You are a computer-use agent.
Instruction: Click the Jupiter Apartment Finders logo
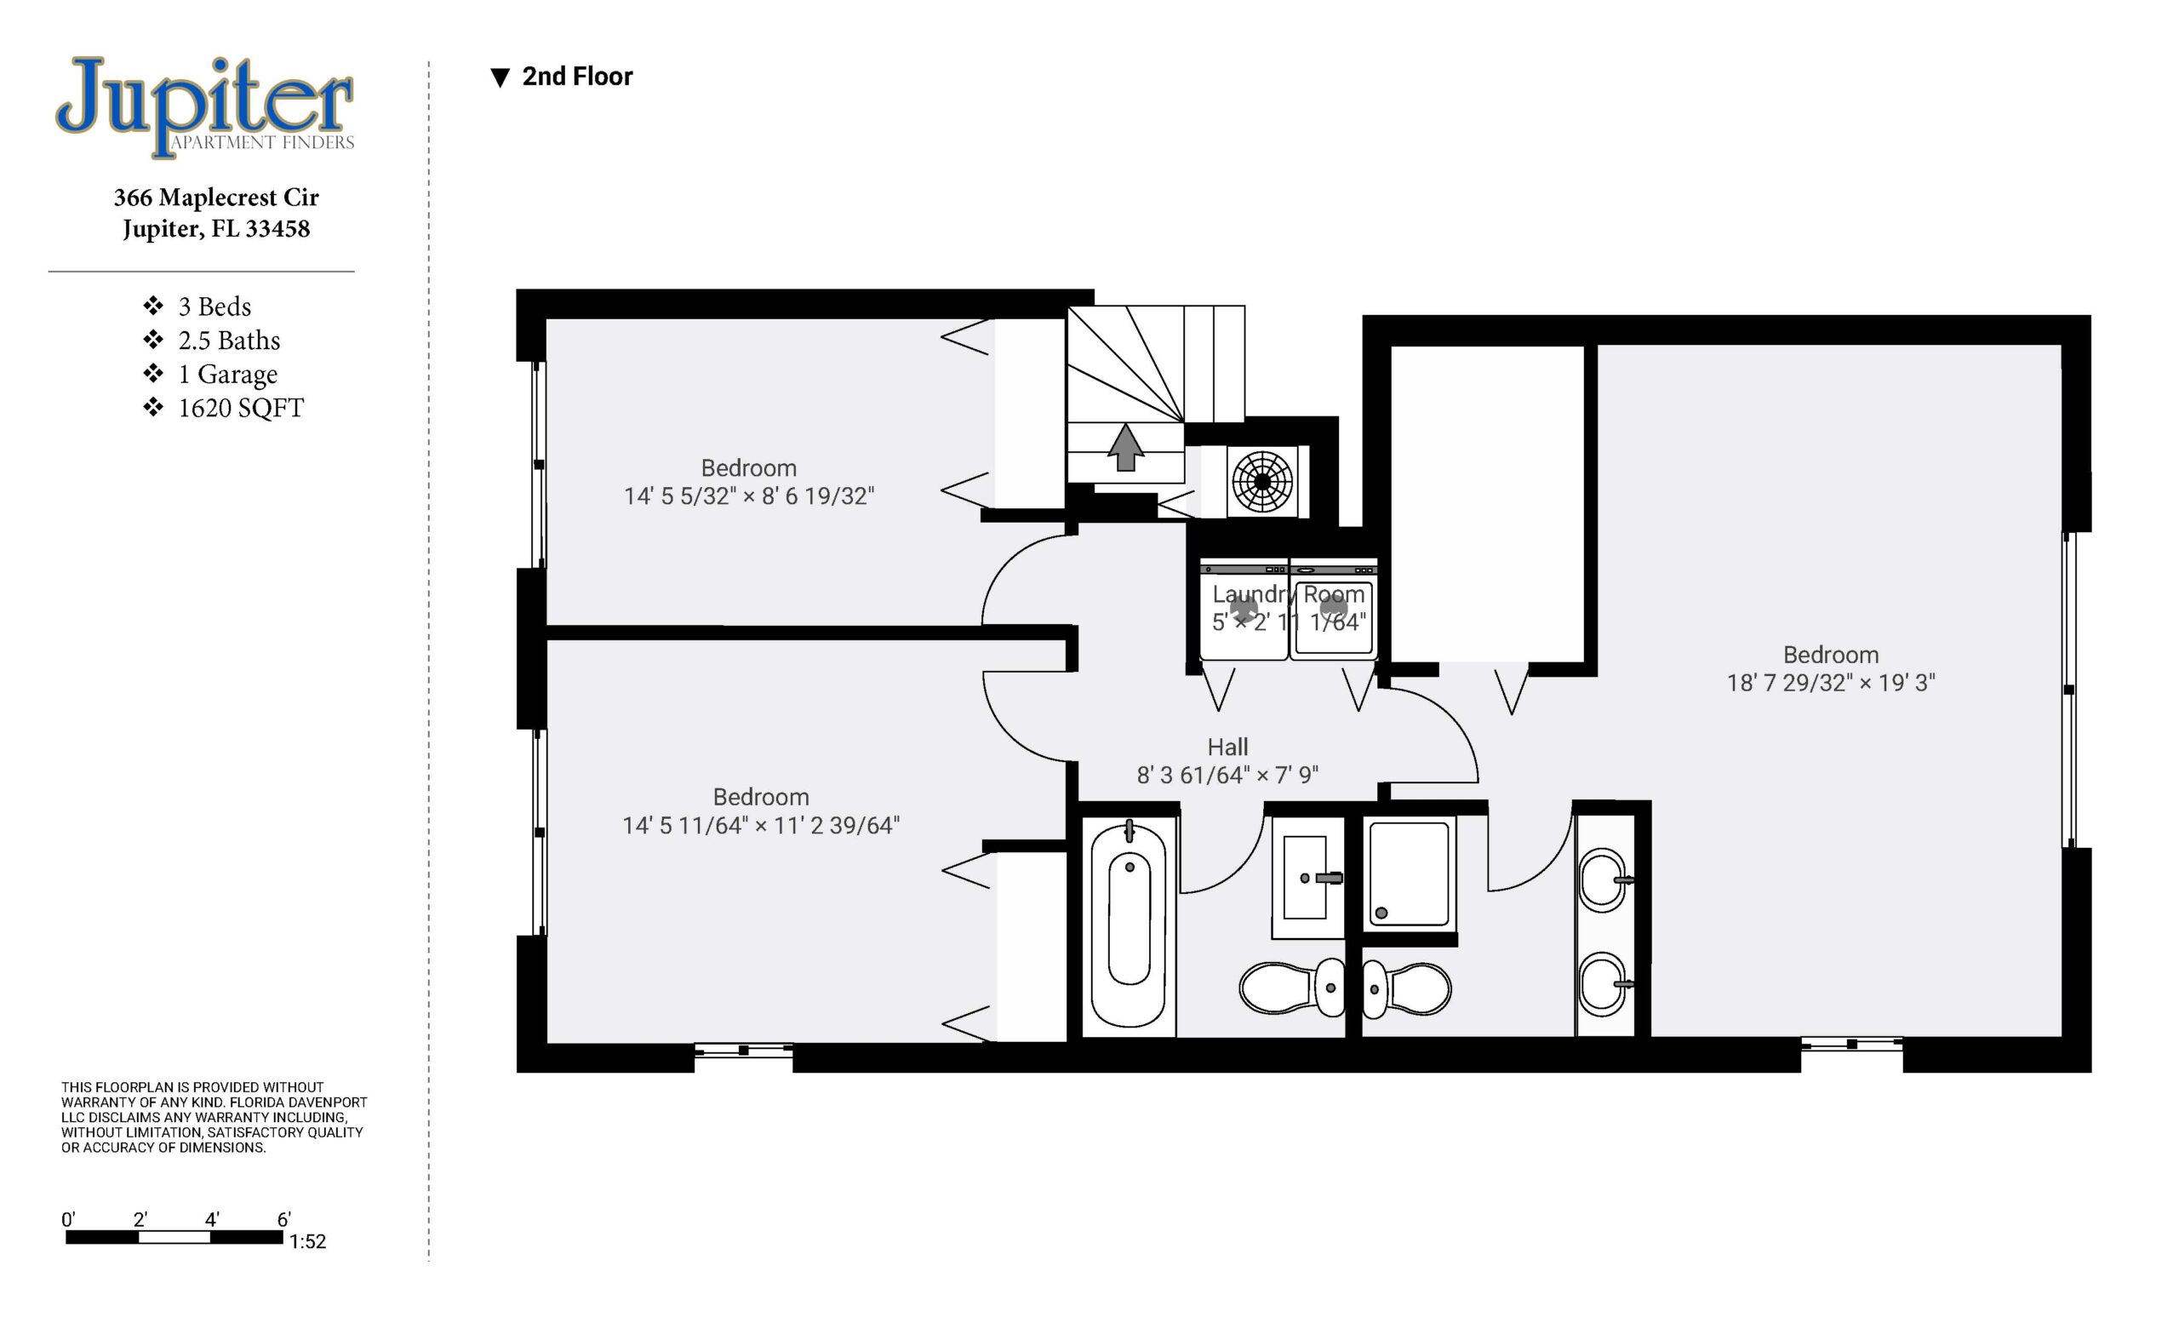coord(205,107)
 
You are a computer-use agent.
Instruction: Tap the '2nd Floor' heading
coord(577,77)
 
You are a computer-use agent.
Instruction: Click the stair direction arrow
coord(1126,448)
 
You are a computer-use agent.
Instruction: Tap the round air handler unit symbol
coord(1262,482)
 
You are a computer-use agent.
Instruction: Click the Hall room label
coord(1227,747)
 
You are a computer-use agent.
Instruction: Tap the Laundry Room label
coord(1289,594)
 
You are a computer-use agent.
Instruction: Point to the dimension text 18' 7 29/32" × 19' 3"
coord(1831,683)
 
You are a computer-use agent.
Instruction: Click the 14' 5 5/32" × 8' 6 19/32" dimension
coord(749,496)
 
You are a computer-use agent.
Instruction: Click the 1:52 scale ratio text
coord(308,1241)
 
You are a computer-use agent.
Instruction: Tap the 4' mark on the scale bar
coord(212,1219)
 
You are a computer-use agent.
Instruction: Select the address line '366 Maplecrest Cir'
coord(216,198)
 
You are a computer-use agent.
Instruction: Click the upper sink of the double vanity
coord(1604,880)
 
